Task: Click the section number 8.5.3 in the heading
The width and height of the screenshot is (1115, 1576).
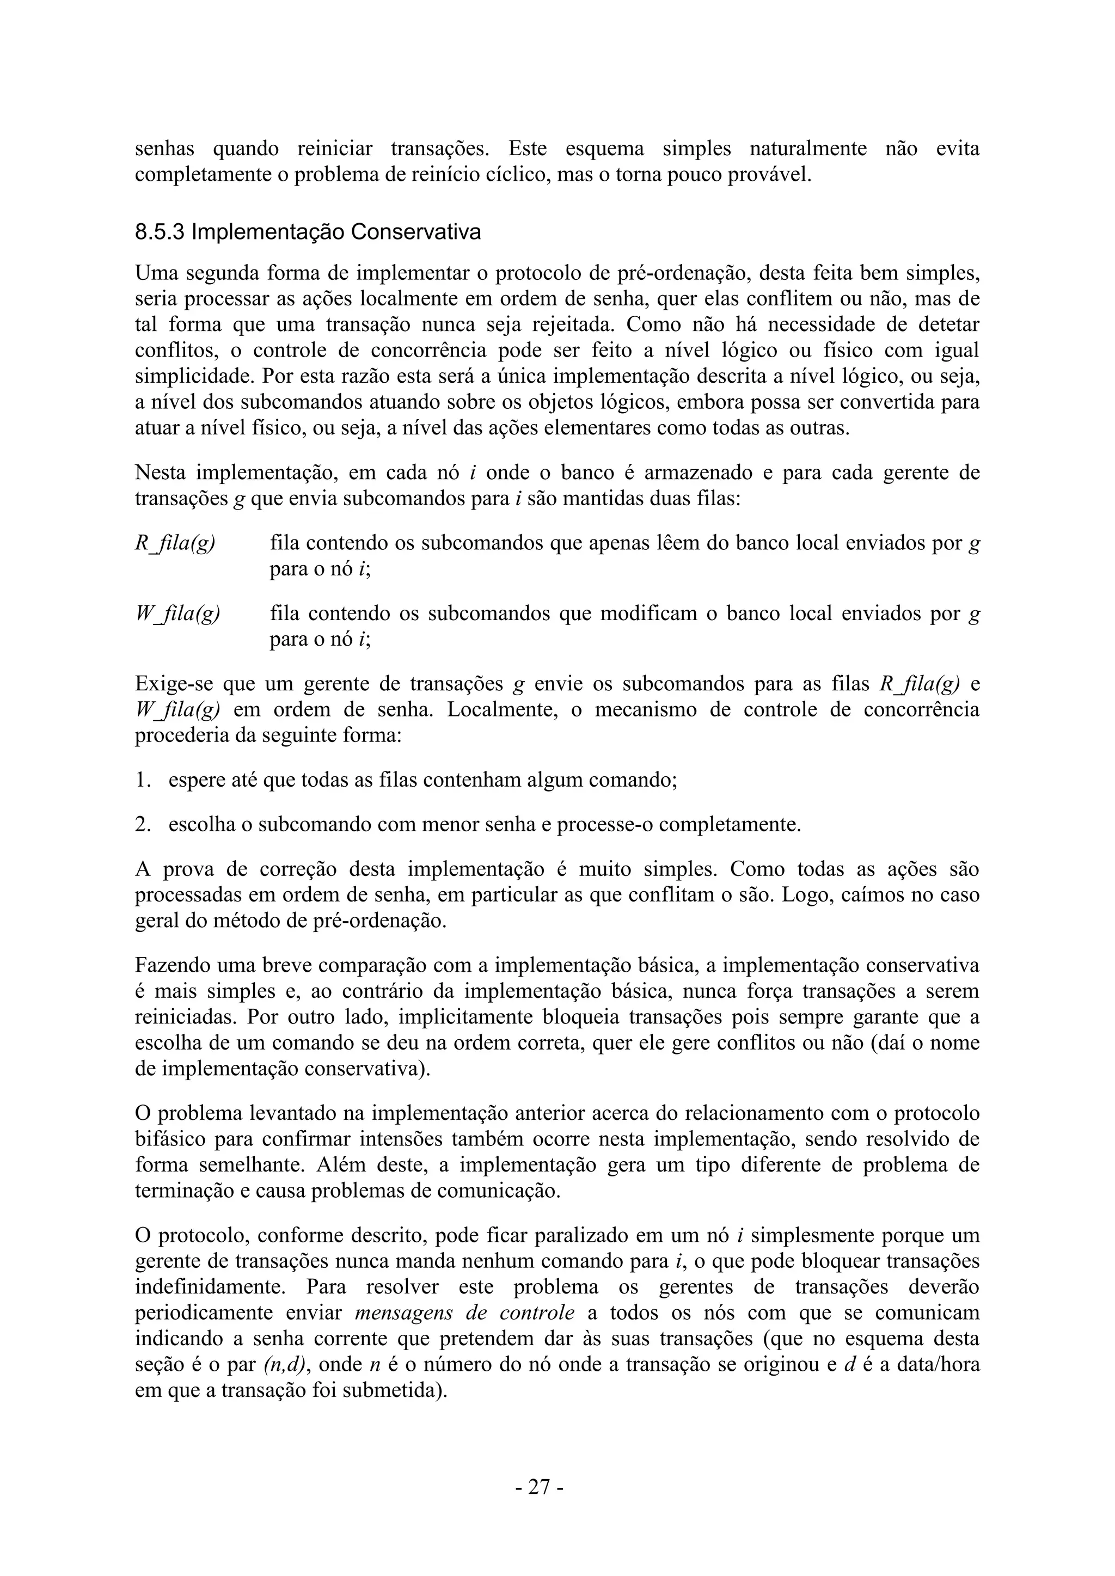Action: [x=160, y=232]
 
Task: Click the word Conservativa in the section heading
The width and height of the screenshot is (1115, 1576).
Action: [x=416, y=232]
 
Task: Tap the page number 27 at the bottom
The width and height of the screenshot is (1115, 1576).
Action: [x=540, y=1487]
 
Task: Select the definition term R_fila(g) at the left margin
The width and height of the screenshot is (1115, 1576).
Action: [x=175, y=544]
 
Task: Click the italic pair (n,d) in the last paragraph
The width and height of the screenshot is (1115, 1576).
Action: [x=284, y=1365]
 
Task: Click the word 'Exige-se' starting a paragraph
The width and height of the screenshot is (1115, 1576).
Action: [x=173, y=684]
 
